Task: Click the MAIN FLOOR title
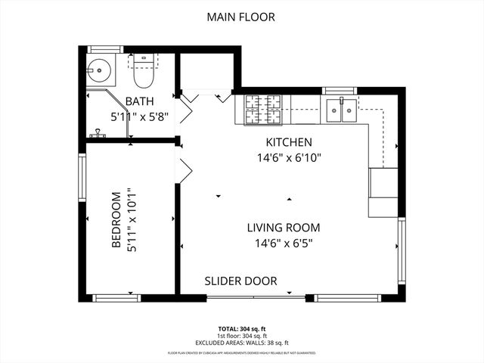coord(242,16)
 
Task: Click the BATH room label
coord(141,102)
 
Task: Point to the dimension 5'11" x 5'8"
coord(140,117)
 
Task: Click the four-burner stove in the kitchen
coord(263,110)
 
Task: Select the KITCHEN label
coord(288,142)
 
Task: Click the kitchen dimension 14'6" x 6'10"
coord(288,158)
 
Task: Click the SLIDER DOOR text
coord(240,281)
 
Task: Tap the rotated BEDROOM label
coord(116,219)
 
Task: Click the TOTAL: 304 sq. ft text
coord(242,328)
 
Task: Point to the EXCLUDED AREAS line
coord(242,341)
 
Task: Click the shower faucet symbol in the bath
coord(97,135)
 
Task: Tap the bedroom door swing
coord(184,165)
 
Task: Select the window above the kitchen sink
coord(340,91)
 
